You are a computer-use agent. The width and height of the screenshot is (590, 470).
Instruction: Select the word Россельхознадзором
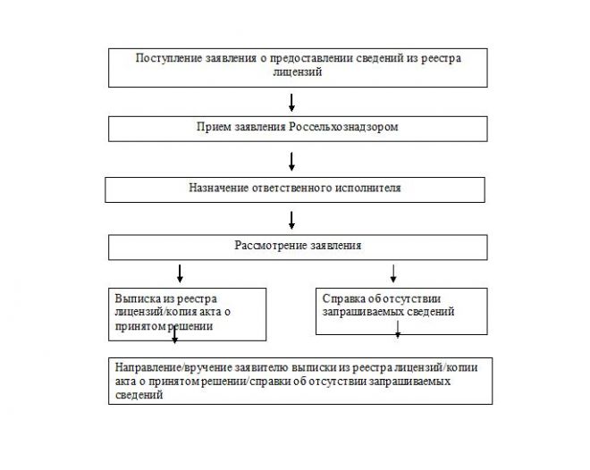coord(344,128)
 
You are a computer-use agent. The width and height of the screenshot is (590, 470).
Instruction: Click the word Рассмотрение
coord(266,244)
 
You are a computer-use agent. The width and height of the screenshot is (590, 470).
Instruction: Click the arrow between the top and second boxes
coord(291,101)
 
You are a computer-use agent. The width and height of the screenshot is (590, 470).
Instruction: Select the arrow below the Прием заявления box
coord(291,161)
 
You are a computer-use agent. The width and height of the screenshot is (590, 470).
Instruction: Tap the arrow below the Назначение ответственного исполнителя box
coord(291,219)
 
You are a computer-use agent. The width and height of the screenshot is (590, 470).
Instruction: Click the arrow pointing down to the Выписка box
coord(181,272)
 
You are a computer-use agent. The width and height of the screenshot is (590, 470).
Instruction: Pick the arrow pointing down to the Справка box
coord(393,272)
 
